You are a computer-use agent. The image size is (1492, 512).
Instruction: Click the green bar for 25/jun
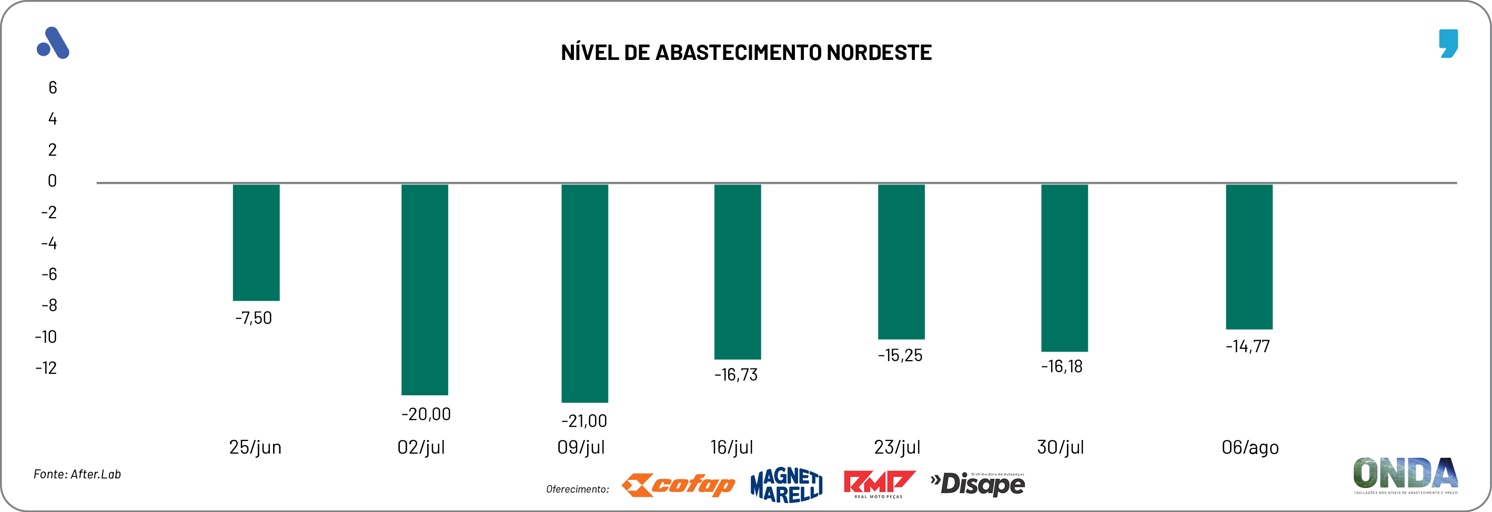[256, 242]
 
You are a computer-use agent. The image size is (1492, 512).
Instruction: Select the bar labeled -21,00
[584, 293]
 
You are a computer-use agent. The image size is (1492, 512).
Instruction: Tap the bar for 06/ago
[1249, 257]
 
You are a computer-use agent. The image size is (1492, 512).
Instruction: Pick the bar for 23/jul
[901, 261]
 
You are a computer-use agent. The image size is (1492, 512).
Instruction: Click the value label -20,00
[426, 414]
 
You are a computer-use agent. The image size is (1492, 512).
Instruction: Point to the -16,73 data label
[735, 375]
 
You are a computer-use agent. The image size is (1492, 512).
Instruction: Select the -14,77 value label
[1247, 346]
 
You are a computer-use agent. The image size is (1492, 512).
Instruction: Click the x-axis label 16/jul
[731, 447]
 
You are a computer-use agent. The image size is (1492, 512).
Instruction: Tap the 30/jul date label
[1060, 447]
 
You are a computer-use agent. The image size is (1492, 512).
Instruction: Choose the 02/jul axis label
[421, 447]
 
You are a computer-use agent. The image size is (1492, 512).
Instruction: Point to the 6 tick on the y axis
[53, 88]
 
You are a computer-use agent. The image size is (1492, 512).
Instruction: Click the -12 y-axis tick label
[46, 368]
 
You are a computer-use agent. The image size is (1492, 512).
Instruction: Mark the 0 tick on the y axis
[52, 181]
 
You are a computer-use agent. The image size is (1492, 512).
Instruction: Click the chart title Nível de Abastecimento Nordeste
[746, 53]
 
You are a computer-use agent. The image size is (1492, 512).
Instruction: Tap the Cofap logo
[678, 485]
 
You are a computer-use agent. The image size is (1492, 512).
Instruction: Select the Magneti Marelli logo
[786, 485]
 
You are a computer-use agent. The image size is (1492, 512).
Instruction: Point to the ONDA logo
[1405, 474]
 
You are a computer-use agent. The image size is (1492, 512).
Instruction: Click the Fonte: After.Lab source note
[77, 474]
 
